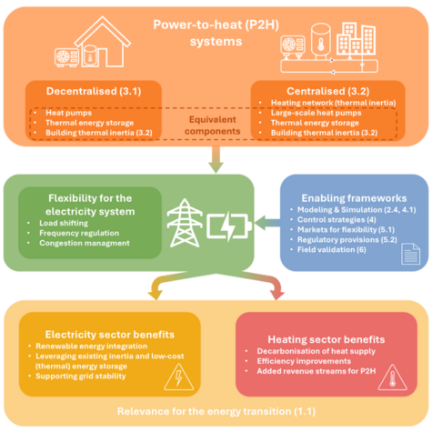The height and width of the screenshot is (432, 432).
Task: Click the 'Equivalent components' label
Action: pyautogui.click(x=216, y=123)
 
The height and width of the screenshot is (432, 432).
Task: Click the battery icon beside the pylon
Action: pyautogui.click(x=227, y=224)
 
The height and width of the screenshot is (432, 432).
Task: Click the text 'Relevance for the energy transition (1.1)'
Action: pyautogui.click(x=215, y=412)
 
